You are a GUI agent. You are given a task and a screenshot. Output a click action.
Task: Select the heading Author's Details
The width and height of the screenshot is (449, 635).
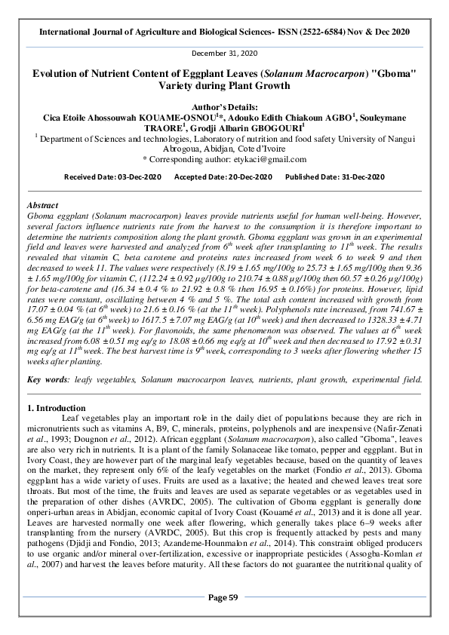tap(224, 106)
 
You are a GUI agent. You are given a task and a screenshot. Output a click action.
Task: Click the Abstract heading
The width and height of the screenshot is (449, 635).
tap(42, 205)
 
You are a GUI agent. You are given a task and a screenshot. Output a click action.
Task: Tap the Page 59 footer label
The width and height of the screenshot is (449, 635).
tap(223, 618)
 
